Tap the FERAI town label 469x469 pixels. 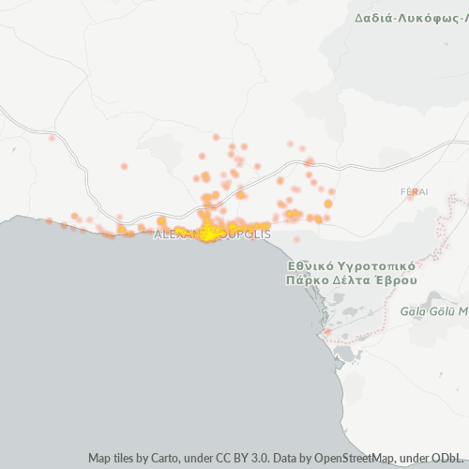[x=414, y=191]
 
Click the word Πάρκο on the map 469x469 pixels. [x=310, y=280]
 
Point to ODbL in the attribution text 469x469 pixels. [x=443, y=459]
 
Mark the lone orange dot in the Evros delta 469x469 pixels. [x=327, y=331]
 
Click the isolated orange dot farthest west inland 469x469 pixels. [x=52, y=139]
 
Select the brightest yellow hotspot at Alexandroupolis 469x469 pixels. [x=207, y=235]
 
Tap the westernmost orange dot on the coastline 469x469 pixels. [x=50, y=221]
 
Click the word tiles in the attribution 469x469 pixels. [x=124, y=459]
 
